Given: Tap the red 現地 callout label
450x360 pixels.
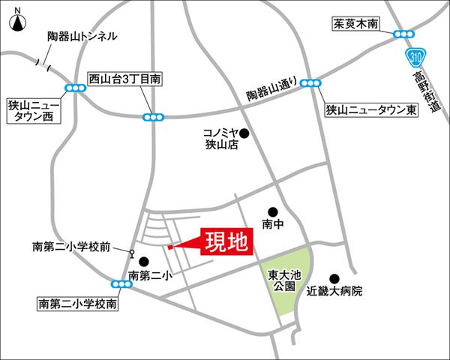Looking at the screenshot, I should tap(226, 241).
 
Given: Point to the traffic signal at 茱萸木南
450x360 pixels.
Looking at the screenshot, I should tap(403, 34).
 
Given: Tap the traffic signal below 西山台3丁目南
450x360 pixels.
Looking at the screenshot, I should tap(154, 116).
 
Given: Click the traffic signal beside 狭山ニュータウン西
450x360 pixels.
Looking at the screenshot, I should tap(75, 88).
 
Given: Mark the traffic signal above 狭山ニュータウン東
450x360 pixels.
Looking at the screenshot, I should tap(311, 83).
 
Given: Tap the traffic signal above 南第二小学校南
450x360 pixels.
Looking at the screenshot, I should tap(119, 284).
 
